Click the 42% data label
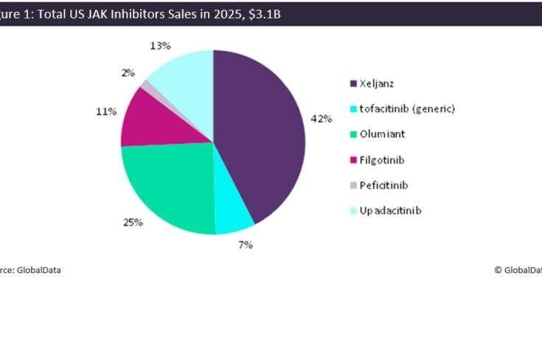click(x=321, y=120)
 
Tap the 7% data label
click(x=246, y=245)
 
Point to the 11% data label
click(x=106, y=111)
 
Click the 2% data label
click(x=128, y=72)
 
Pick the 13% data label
click(x=161, y=46)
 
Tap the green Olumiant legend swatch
click(x=352, y=134)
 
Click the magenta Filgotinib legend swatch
click(x=352, y=160)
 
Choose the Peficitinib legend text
click(x=383, y=185)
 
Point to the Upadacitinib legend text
click(x=390, y=211)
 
